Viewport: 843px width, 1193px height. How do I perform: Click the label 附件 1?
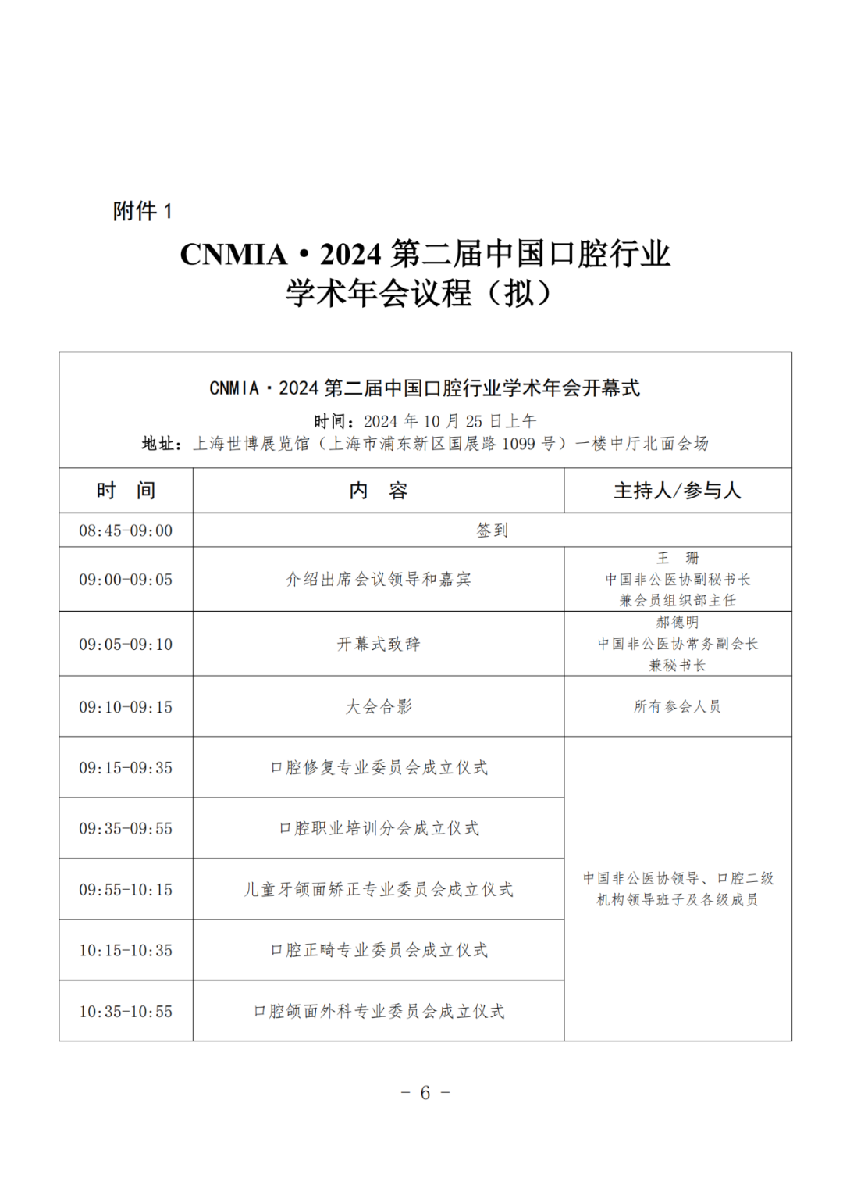pyautogui.click(x=142, y=211)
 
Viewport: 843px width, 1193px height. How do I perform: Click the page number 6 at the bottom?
pyautogui.click(x=425, y=1092)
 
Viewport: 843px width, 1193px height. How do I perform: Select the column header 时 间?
pyautogui.click(x=126, y=491)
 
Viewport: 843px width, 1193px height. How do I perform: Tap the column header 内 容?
pyautogui.click(x=379, y=491)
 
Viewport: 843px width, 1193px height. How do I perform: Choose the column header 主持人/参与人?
pyautogui.click(x=678, y=491)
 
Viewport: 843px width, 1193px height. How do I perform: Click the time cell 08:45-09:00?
pyautogui.click(x=126, y=530)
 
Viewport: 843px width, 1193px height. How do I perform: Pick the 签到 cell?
pyautogui.click(x=492, y=530)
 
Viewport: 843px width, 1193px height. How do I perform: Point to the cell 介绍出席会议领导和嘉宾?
pyautogui.click(x=379, y=579)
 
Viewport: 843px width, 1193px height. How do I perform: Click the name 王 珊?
pyautogui.click(x=678, y=558)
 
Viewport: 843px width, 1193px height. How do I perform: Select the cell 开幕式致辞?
pyautogui.click(x=379, y=644)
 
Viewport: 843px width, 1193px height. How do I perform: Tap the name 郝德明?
pyautogui.click(x=678, y=622)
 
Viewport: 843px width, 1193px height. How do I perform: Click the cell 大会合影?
pyautogui.click(x=379, y=707)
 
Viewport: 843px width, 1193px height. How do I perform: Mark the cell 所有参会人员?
pyautogui.click(x=678, y=707)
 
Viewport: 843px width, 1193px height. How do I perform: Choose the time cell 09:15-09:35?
pyautogui.click(x=126, y=768)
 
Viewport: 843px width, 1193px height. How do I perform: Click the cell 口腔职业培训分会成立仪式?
pyautogui.click(x=379, y=828)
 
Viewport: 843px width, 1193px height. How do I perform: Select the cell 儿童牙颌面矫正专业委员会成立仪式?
pyautogui.click(x=379, y=889)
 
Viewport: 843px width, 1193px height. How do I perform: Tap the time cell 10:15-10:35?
pyautogui.click(x=126, y=950)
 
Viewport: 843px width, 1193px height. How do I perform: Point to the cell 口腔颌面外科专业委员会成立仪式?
pyautogui.click(x=379, y=1011)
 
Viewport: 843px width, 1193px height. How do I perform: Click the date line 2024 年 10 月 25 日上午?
pyautogui.click(x=450, y=421)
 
